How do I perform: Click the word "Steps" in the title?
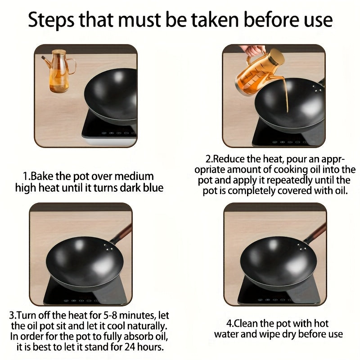click(51, 20)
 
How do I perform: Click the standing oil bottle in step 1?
click(59, 71)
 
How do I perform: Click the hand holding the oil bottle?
click(252, 51)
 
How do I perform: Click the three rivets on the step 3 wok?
click(108, 247)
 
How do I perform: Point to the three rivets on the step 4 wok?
click(302, 247)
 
